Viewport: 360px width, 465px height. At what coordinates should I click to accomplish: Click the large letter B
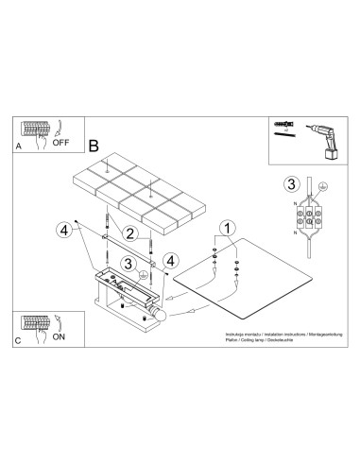pyautogui.click(x=93, y=146)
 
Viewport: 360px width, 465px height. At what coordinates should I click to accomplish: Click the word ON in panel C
pyautogui.click(x=60, y=336)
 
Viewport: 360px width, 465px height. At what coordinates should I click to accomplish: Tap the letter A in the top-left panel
pyautogui.click(x=18, y=146)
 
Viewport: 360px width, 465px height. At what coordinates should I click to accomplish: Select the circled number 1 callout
pyautogui.click(x=226, y=228)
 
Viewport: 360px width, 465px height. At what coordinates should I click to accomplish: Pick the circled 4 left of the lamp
pyautogui.click(x=63, y=230)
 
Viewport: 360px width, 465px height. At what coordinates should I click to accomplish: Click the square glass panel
pyautogui.click(x=250, y=280)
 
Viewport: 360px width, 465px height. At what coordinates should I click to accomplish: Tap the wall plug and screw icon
pyautogui.click(x=283, y=127)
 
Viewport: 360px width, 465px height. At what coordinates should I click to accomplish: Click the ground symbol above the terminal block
pyautogui.click(x=323, y=186)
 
